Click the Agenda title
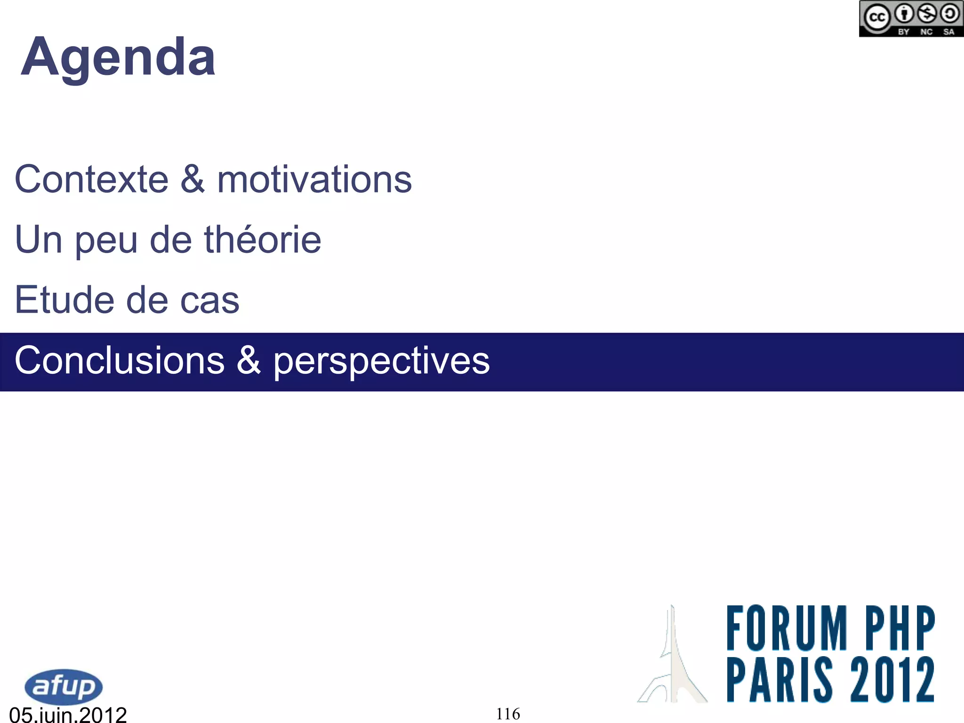118,58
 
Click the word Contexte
92,179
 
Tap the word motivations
314,179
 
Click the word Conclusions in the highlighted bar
120,361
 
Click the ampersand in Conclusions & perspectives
249,360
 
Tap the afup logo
64,687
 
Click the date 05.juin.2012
68,715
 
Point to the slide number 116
508,714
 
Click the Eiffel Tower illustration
673,659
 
